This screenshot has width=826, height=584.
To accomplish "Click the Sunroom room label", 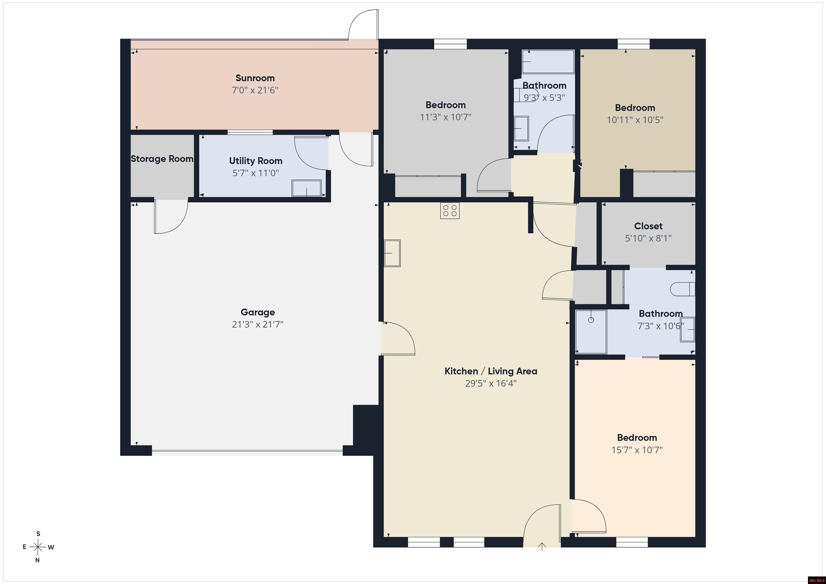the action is click(x=255, y=78).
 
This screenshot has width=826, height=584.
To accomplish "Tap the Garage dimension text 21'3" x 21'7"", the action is click(x=258, y=324).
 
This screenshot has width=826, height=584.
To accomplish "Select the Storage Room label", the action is click(x=162, y=159).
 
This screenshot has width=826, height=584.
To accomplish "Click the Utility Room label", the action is click(x=256, y=161).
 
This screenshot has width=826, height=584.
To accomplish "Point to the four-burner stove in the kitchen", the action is click(x=450, y=211).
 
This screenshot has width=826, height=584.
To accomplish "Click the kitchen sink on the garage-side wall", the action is click(x=392, y=253).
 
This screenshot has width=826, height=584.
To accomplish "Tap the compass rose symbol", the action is click(x=38, y=547).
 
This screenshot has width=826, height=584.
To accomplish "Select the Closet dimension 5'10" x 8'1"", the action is click(x=648, y=238).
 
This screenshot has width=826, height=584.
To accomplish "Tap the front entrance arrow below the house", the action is click(x=542, y=546).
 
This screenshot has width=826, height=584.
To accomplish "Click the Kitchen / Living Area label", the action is click(x=491, y=371).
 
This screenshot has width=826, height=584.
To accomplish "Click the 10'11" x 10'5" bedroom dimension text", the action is click(x=635, y=120).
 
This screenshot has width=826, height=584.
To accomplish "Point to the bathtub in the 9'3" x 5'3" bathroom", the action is click(x=548, y=62).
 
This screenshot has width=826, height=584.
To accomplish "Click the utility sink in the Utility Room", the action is click(x=307, y=188).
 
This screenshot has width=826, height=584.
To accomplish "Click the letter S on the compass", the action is click(x=38, y=534).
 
